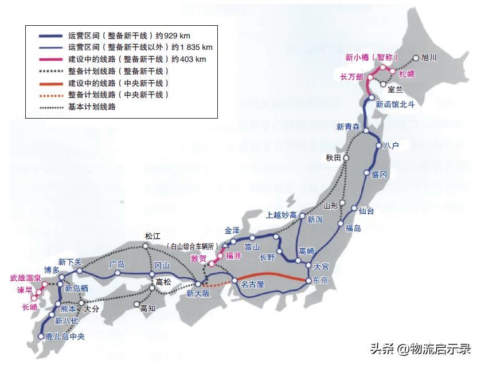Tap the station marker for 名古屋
click(234, 281)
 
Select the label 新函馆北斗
click(395, 105)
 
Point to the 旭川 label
click(429, 57)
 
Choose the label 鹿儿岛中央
click(65, 336)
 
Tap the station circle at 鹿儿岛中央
click(41, 336)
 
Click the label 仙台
click(366, 211)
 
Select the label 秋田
click(333, 157)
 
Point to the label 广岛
click(116, 265)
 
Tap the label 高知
click(148, 308)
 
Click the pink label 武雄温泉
click(26, 278)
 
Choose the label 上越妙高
click(281, 215)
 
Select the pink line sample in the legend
click(50, 59)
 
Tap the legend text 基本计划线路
click(92, 107)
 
